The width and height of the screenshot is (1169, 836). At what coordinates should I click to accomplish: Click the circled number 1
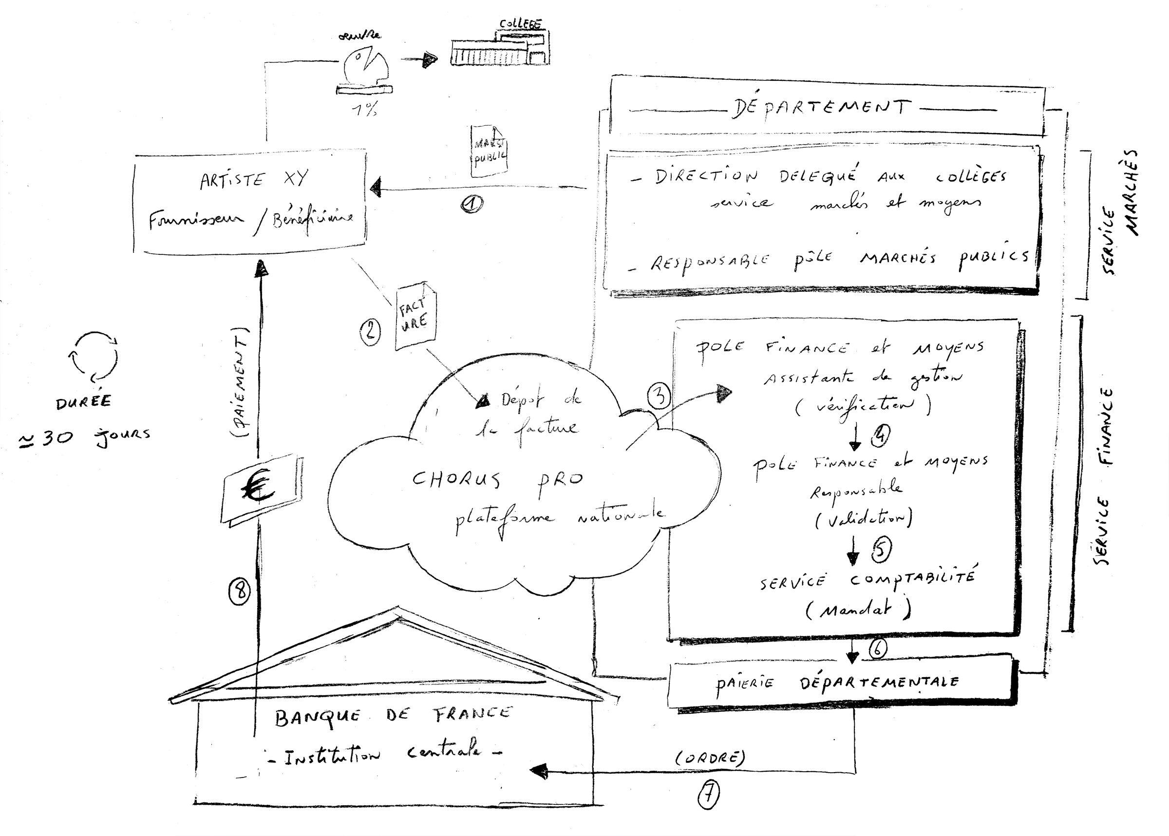click(x=471, y=204)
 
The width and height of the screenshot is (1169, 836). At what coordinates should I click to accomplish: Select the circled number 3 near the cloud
click(x=659, y=396)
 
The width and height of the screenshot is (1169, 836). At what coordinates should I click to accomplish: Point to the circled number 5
click(x=881, y=549)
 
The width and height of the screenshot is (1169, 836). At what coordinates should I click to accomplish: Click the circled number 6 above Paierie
click(x=877, y=648)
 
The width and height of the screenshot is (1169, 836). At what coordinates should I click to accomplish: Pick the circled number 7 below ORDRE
click(x=709, y=796)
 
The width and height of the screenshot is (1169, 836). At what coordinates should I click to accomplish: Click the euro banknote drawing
click(x=261, y=490)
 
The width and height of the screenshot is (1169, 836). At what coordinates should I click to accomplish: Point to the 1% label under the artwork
click(x=364, y=109)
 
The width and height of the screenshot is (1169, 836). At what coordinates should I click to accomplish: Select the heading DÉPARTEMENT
click(x=821, y=108)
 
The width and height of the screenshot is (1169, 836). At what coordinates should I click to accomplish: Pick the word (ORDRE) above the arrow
click(x=710, y=758)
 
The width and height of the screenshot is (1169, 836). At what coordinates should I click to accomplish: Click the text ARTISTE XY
click(x=254, y=180)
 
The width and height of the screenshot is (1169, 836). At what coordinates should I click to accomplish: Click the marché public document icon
click(x=490, y=151)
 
